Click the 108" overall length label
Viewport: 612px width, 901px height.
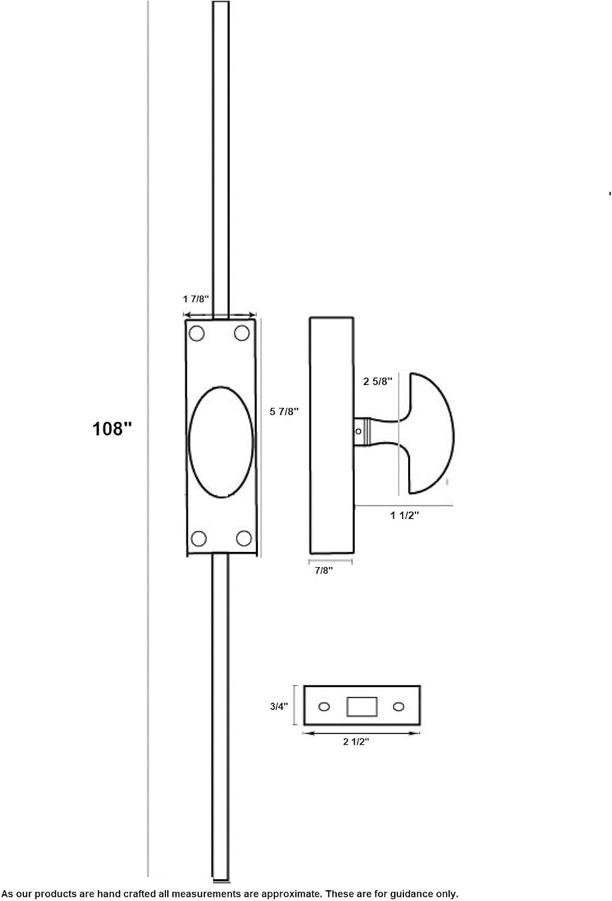(x=112, y=429)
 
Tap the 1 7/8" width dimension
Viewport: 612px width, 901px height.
(x=196, y=299)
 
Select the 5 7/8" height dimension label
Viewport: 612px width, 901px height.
(x=284, y=411)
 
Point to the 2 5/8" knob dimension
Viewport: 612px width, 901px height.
(x=378, y=381)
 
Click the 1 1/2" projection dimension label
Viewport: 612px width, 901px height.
(x=404, y=515)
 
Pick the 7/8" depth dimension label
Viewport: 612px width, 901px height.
(x=323, y=571)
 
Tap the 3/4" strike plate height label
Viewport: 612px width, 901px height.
(x=279, y=706)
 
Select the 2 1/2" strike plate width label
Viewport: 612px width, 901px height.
(x=356, y=741)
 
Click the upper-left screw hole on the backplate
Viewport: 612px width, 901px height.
(x=197, y=333)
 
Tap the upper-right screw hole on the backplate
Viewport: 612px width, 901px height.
(x=242, y=333)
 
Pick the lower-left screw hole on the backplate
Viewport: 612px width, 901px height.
(x=198, y=539)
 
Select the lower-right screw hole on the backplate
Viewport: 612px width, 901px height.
(x=243, y=538)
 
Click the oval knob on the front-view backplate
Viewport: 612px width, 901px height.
(x=221, y=442)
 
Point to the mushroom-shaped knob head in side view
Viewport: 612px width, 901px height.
(x=432, y=433)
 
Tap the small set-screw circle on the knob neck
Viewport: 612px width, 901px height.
(x=358, y=432)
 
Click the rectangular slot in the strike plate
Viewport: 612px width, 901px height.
(x=362, y=707)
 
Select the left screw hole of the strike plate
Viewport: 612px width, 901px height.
(x=324, y=707)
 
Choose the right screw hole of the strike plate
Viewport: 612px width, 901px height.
(x=399, y=707)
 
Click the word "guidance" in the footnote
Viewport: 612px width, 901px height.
(x=411, y=894)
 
